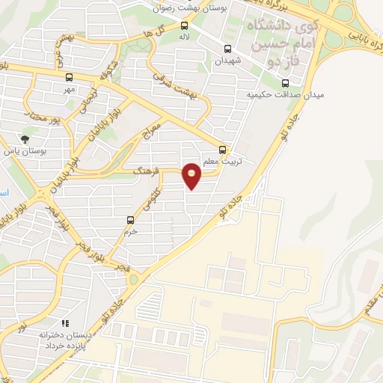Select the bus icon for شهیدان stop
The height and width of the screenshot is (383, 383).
point(227,49)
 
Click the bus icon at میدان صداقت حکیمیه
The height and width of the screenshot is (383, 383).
point(284,83)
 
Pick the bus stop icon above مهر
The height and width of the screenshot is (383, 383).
point(70,77)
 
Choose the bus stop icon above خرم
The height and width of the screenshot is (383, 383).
point(131,220)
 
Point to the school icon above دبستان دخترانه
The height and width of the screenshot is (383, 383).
point(64,323)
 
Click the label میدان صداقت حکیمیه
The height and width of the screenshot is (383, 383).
point(275,95)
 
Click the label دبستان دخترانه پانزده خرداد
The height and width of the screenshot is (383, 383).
point(65,341)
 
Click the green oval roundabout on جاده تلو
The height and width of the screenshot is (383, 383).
point(134,278)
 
